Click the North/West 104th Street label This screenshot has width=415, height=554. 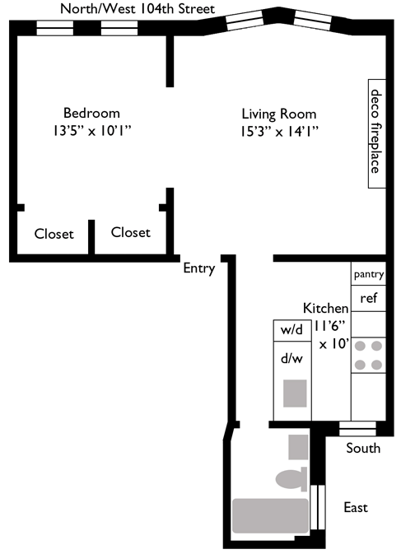coord(138,8)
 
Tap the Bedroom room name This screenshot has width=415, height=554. coord(91,113)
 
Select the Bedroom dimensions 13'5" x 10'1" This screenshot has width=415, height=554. coord(92,131)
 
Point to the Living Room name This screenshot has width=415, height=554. coord(279,114)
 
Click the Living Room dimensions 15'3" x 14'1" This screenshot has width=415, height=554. coord(279,132)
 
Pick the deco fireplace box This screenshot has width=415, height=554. coord(377,133)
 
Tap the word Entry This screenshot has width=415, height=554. coord(199,268)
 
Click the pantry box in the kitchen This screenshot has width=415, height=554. coord(368,274)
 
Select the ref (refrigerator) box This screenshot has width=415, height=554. coord(368,299)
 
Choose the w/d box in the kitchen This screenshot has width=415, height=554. coord(292,331)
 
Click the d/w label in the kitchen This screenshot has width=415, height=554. coord(291,359)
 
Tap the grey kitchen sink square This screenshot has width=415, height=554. coord(295,393)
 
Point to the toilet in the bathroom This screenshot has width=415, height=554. coord(291,479)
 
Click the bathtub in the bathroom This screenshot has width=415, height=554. coord(270,516)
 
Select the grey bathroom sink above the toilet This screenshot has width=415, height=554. coord(298,447)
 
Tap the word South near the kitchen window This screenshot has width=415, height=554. coord(363,448)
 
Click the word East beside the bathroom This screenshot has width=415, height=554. coord(356,507)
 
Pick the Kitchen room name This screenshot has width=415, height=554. coord(325,309)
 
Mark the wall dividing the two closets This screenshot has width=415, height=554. coord(91,237)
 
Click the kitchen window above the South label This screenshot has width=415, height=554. coord(357,428)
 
